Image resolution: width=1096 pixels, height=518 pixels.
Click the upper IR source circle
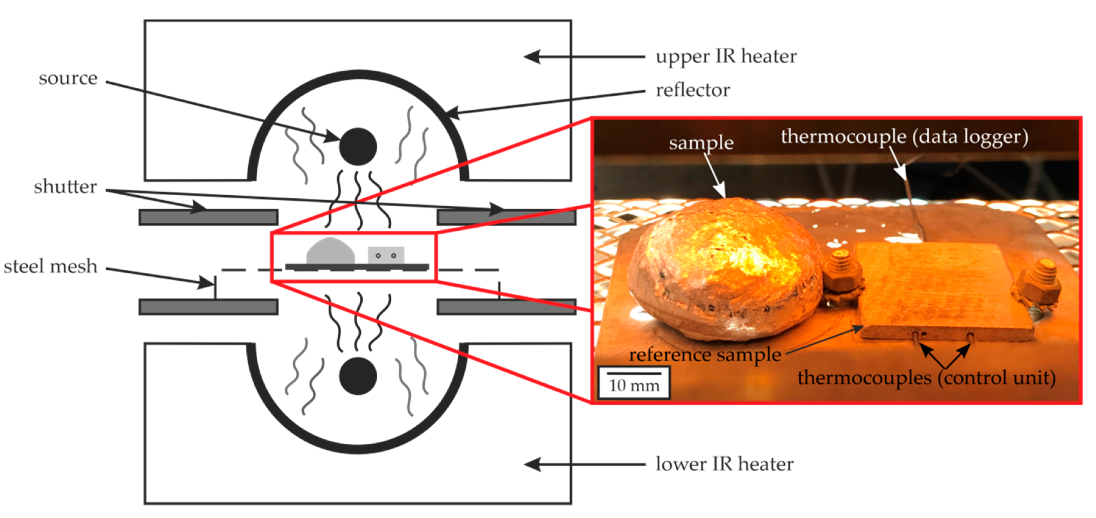click(x=358, y=147)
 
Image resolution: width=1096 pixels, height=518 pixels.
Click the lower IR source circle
click(x=358, y=376)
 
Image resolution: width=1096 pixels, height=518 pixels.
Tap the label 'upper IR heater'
click(x=726, y=57)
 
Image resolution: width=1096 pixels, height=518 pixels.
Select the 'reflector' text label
click(x=693, y=90)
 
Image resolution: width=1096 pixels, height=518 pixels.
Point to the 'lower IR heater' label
click(x=724, y=464)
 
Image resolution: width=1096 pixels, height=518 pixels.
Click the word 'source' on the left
click(x=68, y=78)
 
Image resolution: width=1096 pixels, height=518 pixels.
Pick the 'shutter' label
click(x=65, y=187)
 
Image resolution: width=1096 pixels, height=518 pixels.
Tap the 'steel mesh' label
click(x=51, y=266)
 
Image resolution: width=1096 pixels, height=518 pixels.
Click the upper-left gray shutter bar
click(x=209, y=217)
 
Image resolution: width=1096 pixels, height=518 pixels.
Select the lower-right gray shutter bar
click(x=506, y=307)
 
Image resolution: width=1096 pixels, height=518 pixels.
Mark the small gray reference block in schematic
click(x=386, y=255)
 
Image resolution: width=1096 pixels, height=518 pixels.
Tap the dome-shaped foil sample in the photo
click(x=723, y=268)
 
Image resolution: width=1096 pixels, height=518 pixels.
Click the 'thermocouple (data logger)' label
click(x=904, y=137)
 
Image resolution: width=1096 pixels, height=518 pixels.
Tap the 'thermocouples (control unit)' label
click(x=926, y=378)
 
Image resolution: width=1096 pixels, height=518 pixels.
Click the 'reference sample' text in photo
click(x=705, y=355)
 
